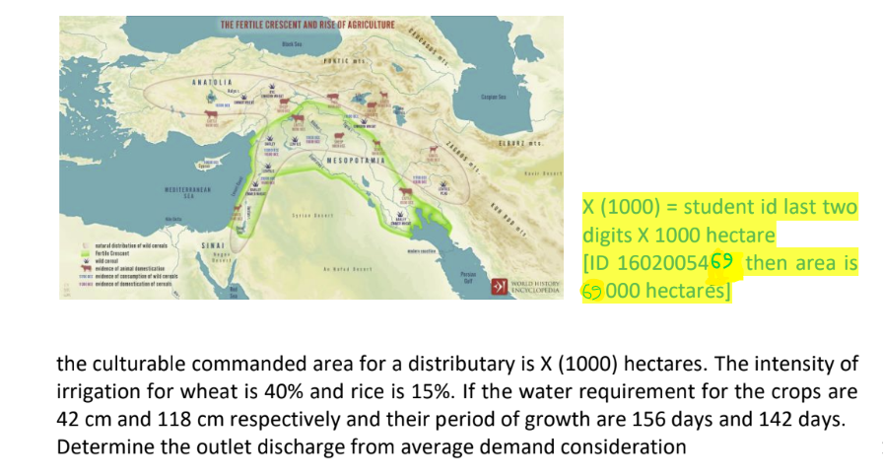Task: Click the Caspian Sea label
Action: (x=492, y=97)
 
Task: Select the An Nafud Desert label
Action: (x=353, y=268)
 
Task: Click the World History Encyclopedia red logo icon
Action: (x=498, y=287)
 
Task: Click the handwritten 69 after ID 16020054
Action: (x=723, y=263)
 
